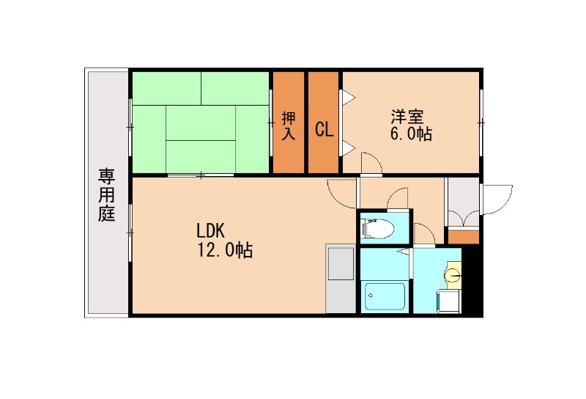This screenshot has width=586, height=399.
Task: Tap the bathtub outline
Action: pyautogui.click(x=384, y=296)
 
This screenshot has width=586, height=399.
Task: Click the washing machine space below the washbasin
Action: pyautogui.click(x=448, y=301)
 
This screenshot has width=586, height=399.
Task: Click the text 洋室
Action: pyautogui.click(x=407, y=116)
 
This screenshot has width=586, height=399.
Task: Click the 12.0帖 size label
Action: pyautogui.click(x=223, y=250)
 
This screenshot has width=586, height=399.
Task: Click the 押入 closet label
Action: pyautogui.click(x=289, y=125)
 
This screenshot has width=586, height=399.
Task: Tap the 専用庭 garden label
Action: pyautogui.click(x=107, y=194)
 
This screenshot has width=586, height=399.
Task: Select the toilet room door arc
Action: pyautogui.click(x=399, y=197)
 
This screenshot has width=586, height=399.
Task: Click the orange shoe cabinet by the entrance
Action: pyautogui.click(x=462, y=236)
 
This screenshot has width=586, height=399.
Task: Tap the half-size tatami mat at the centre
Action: pyautogui.click(x=200, y=122)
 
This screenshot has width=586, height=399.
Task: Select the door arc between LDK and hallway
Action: pyautogui.click(x=341, y=193)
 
